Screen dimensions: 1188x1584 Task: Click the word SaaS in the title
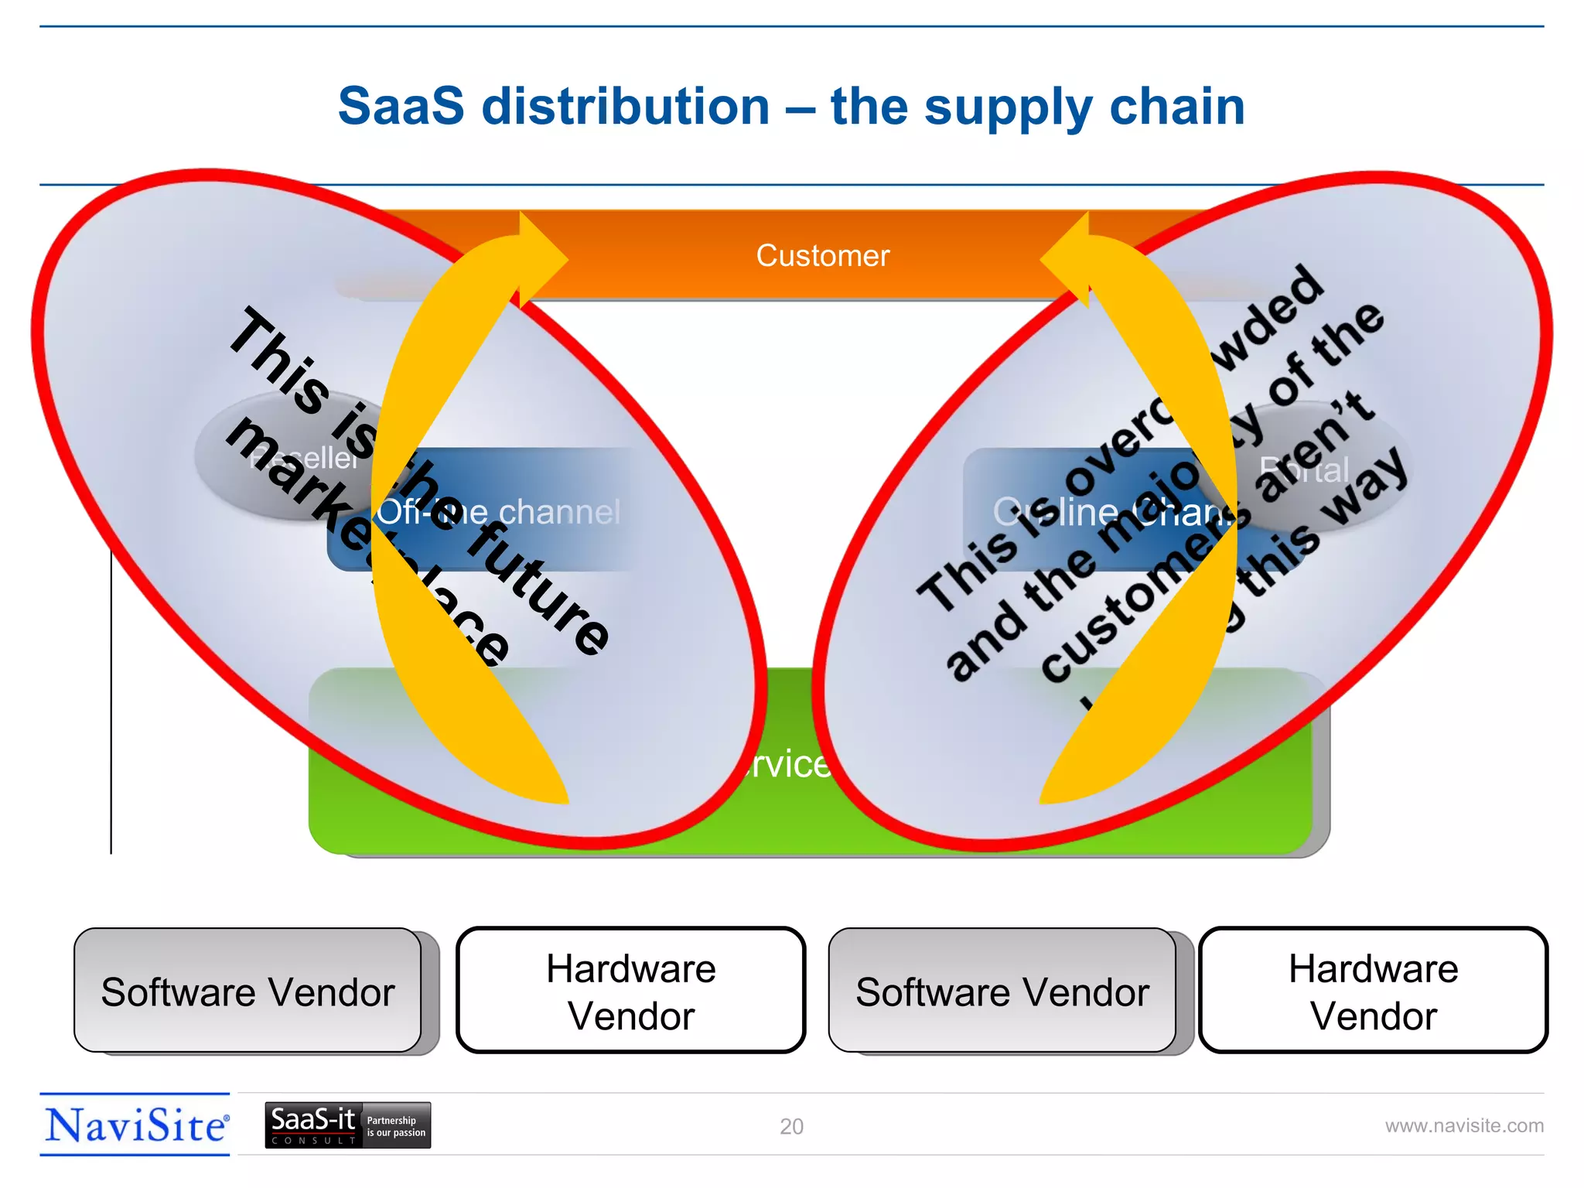[401, 106]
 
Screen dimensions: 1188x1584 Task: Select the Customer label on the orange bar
[822, 256]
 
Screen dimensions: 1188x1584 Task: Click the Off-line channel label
[500, 512]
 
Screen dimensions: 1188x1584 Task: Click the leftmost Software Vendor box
[247, 992]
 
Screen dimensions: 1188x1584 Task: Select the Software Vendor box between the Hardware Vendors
[1002, 992]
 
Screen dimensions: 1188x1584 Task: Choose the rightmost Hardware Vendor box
[1373, 992]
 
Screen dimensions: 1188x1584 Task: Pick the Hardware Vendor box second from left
[630, 992]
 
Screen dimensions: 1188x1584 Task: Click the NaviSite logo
[136, 1125]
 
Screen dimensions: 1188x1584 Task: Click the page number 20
[791, 1127]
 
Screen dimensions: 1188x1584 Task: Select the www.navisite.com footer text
[1463, 1126]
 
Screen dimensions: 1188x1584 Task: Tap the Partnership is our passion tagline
[395, 1127]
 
